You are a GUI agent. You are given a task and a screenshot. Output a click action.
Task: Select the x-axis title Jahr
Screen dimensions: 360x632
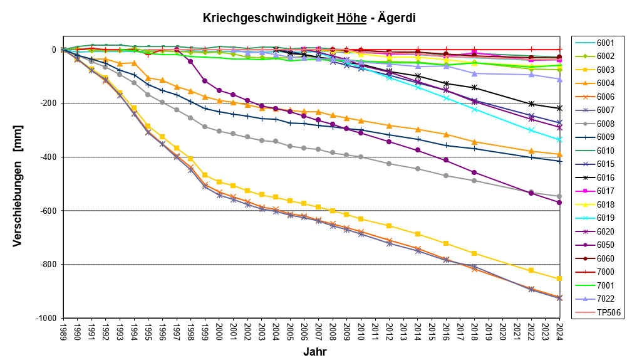click(x=314, y=352)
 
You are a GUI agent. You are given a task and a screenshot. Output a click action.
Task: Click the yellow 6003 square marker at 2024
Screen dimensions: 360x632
click(x=559, y=278)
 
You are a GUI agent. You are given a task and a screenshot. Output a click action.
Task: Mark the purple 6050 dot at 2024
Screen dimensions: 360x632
click(x=559, y=203)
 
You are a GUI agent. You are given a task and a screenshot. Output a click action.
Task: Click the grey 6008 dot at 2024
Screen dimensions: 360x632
click(x=559, y=196)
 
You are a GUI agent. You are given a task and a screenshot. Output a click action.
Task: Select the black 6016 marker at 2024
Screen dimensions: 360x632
click(x=559, y=109)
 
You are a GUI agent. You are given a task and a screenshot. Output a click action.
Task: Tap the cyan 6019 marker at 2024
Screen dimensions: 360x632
click(x=559, y=139)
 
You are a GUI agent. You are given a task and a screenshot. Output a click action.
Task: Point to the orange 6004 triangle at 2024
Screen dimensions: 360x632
click(x=559, y=154)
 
